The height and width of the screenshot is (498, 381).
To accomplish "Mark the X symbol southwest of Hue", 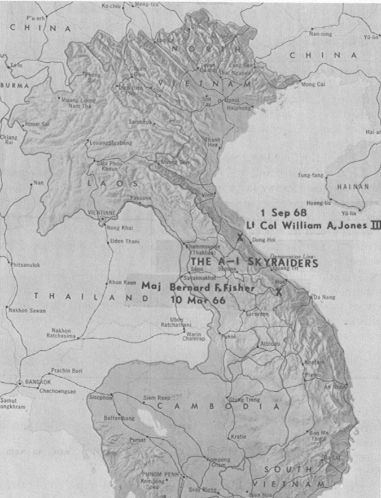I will (278, 292).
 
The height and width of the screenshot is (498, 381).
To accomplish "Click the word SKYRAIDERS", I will (282, 263).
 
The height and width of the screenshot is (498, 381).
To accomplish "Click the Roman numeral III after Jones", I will (375, 224).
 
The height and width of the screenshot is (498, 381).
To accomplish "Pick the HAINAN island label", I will (353, 186).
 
